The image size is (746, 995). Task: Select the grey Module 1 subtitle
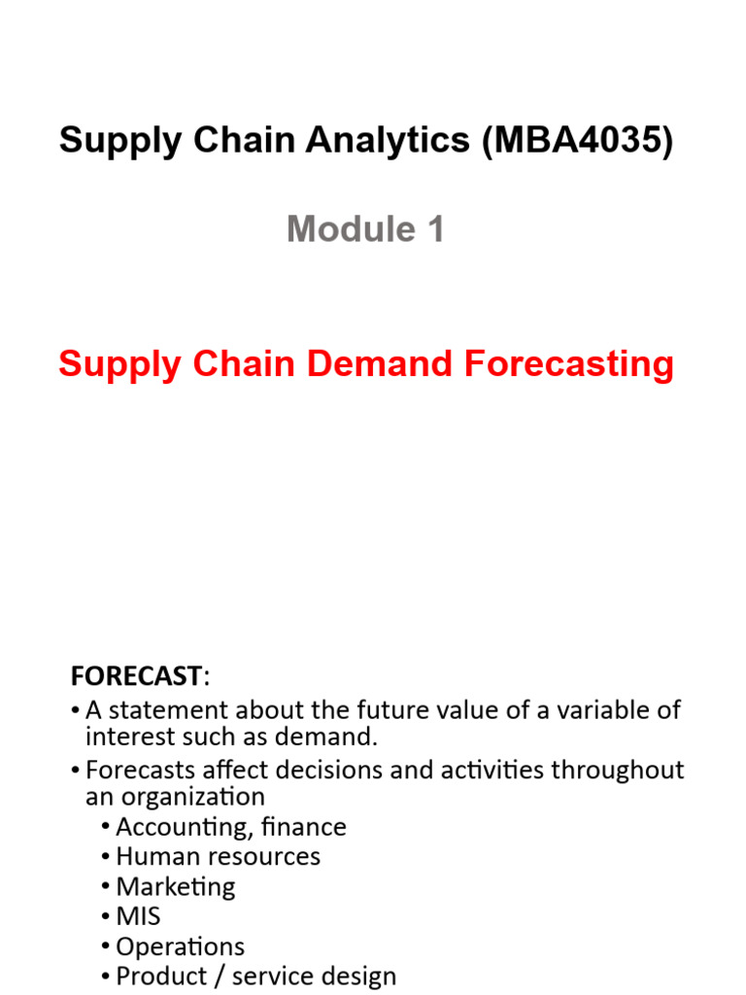point(366,229)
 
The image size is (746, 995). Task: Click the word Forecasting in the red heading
point(568,364)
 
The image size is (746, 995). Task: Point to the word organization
point(202,797)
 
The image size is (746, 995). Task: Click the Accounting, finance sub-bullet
point(230,827)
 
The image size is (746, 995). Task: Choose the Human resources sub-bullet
point(218,856)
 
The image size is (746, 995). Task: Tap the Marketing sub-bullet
point(176,886)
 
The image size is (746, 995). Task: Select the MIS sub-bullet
point(138,916)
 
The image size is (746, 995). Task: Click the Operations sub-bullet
point(180,946)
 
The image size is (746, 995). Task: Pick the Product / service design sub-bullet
point(255,977)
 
